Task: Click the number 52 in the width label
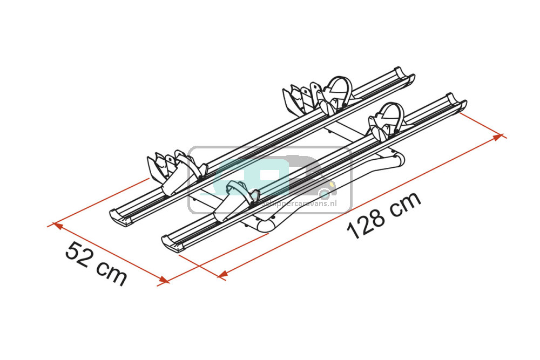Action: [78, 253]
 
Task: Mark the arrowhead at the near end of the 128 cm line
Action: [222, 275]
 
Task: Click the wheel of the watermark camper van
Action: [324, 193]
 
